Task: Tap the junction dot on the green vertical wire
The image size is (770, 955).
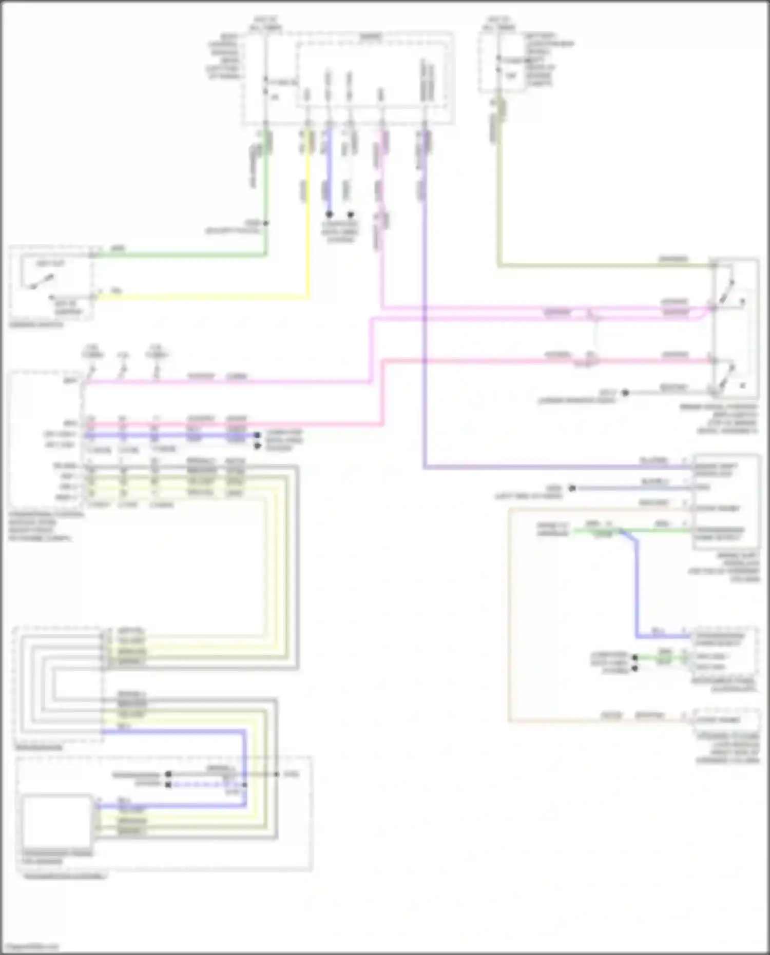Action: point(265,223)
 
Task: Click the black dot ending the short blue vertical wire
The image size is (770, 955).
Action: point(329,214)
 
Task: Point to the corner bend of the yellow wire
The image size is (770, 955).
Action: point(308,297)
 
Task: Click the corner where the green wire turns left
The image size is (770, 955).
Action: point(265,254)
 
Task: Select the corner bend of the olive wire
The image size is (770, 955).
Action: point(499,265)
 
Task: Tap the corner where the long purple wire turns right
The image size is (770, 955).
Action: point(425,467)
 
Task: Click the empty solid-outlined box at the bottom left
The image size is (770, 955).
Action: point(56,821)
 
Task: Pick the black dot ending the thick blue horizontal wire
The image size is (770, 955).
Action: point(257,436)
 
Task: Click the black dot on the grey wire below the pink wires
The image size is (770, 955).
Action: point(625,393)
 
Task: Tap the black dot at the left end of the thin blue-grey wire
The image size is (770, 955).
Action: point(572,488)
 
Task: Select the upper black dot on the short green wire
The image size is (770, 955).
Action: point(635,657)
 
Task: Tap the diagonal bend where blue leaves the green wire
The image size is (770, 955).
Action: point(629,536)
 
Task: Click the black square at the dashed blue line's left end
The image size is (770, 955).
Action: point(168,785)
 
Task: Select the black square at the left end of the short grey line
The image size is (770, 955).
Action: point(168,774)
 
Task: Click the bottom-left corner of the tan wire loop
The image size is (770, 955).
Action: point(509,721)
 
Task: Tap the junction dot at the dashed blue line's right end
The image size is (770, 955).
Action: point(245,785)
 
